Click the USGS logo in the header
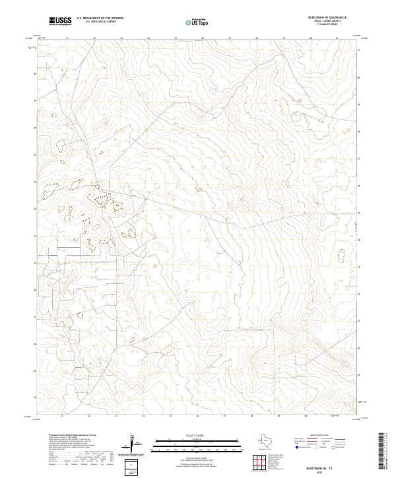coord(61,21)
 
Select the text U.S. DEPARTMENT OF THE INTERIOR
coord(100,18)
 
